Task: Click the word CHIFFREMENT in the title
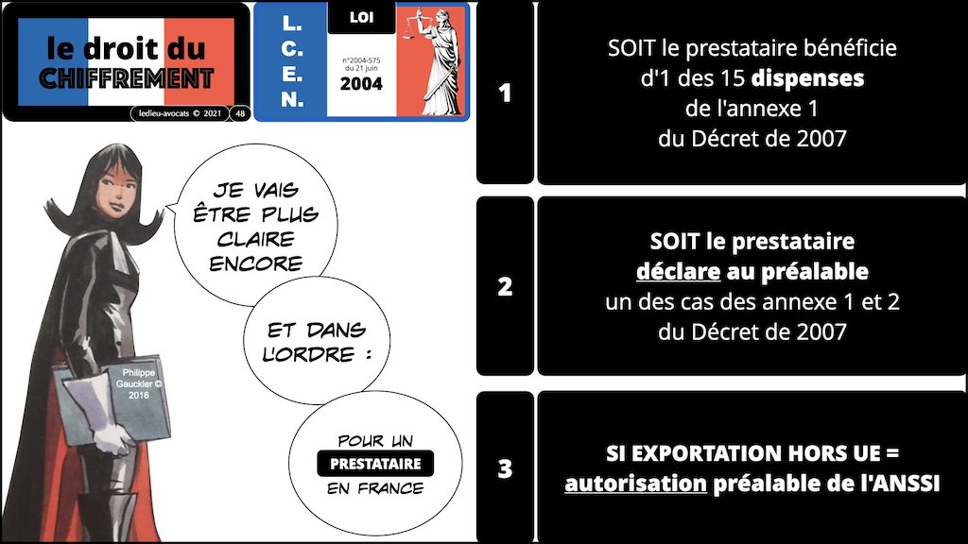coord(127,79)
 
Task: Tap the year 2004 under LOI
coord(361,84)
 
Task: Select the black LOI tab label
coord(361,17)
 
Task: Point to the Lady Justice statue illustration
coord(433,60)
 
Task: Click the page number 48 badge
coord(240,113)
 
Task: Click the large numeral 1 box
coord(505,93)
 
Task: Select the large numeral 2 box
coord(505,286)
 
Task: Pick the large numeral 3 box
coord(505,467)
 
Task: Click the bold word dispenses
coord(807,78)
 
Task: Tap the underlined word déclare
coord(678,271)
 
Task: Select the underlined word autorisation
coord(635,483)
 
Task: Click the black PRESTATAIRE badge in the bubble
coord(375,464)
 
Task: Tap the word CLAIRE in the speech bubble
coord(255,239)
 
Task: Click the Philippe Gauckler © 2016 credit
coord(139,383)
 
